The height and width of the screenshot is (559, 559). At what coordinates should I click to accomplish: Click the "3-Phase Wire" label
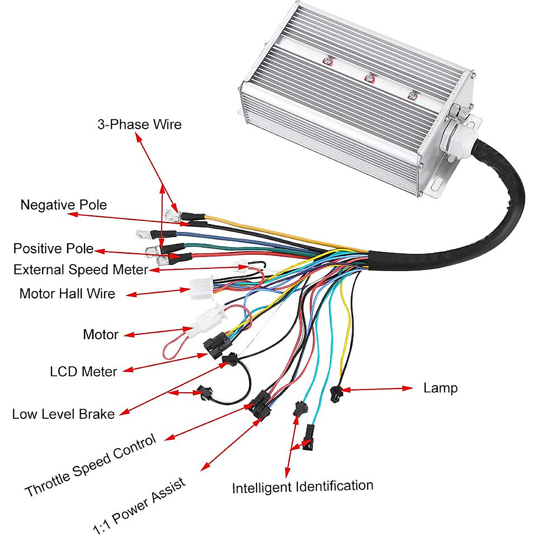click(139, 124)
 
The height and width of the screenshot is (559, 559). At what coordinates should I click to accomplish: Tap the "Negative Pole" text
click(63, 205)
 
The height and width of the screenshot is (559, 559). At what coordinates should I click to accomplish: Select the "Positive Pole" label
click(53, 248)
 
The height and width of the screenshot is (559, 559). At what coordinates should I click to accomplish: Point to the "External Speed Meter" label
click(81, 270)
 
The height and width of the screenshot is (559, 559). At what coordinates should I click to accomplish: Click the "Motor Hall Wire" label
click(67, 294)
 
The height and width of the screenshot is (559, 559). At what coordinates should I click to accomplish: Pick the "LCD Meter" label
click(83, 372)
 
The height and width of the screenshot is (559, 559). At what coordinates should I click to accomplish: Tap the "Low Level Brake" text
click(63, 414)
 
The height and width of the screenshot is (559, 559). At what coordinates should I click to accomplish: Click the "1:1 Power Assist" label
click(139, 506)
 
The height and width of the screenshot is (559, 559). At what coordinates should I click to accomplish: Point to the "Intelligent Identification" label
click(302, 487)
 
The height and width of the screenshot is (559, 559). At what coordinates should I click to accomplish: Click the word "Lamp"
click(440, 388)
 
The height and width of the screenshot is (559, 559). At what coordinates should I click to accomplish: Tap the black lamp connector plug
click(335, 394)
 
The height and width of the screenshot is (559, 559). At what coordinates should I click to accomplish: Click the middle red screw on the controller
click(369, 78)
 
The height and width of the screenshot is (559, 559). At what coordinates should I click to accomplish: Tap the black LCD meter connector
click(214, 347)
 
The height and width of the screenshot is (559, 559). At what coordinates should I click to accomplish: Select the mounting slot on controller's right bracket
click(437, 183)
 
